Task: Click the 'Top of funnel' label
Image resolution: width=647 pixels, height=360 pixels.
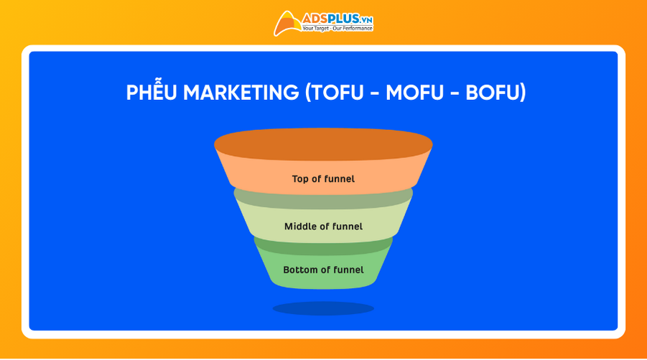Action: tap(323, 179)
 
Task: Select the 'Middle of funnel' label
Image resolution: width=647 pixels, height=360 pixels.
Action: tap(323, 226)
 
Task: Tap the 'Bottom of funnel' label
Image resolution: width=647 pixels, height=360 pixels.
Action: tap(323, 270)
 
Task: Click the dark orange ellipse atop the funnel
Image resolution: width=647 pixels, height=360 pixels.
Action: tap(323, 144)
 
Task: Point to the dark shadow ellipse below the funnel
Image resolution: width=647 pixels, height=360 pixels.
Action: tap(323, 308)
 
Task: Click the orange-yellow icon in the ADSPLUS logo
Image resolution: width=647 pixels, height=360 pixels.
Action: tap(287, 23)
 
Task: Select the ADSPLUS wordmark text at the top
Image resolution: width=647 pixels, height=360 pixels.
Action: tap(330, 18)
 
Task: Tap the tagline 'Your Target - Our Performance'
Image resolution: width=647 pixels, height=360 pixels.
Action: tap(338, 29)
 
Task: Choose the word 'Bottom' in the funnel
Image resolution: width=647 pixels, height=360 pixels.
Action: tap(300, 270)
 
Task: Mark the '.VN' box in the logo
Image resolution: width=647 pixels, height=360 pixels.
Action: tap(366, 18)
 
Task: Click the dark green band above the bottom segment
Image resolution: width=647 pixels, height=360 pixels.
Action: tap(323, 246)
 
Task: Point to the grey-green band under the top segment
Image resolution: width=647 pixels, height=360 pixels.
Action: tap(323, 198)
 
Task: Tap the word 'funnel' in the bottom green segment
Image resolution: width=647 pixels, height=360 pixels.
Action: tap(346, 270)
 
